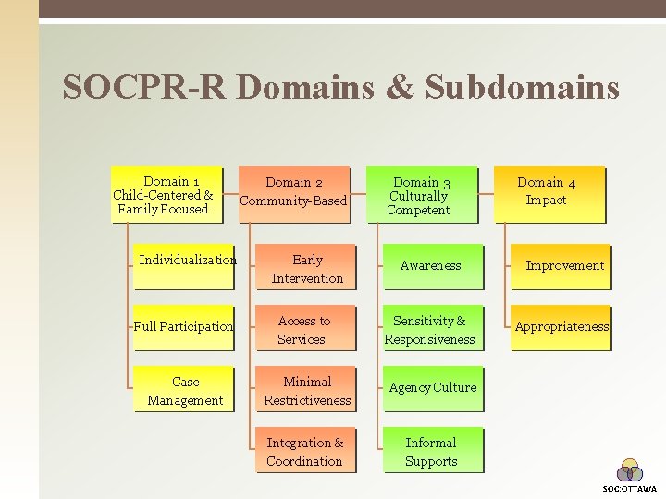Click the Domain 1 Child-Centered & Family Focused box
[166, 195]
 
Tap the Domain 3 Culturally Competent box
[421, 195]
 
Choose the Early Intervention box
[305, 268]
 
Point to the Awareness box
[431, 267]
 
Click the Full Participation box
[184, 327]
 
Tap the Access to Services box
[305, 329]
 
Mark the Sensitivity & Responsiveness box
[431, 329]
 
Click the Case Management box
[184, 390]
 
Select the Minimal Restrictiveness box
[305, 390]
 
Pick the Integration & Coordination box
[305, 451]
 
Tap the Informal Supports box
[431, 451]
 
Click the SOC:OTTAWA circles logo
[630, 471]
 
